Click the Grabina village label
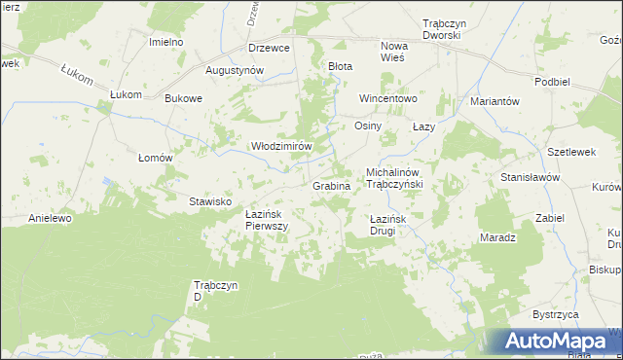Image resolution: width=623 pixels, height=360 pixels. point(331,185)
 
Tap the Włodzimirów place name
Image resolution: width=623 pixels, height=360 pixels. point(281,146)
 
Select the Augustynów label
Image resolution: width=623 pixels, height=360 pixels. point(235,70)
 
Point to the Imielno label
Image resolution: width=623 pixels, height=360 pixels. point(166,43)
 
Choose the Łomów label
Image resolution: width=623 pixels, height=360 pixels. point(155,158)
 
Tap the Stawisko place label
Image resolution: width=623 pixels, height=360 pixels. point(209,201)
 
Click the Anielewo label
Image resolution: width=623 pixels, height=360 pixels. point(51,218)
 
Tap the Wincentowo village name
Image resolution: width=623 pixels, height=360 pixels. point(387,98)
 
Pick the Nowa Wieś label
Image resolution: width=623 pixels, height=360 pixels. point(393,52)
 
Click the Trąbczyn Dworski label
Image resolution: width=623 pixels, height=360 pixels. point(441,28)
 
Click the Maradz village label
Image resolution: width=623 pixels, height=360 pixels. point(497,237)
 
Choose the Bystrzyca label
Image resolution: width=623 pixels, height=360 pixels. point(556,315)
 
